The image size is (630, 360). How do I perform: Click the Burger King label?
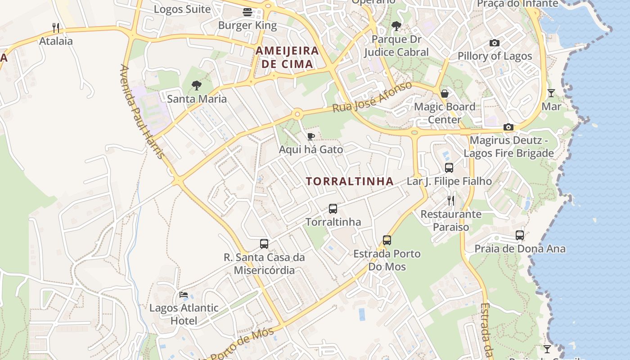pos(247,25)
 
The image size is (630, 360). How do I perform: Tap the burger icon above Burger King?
pos(247,12)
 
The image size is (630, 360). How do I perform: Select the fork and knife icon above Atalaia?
pos(56,28)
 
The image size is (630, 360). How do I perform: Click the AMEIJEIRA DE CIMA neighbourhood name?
pos(287,57)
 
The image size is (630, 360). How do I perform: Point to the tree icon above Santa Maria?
pos(196,85)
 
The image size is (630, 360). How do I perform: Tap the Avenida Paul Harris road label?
pos(141,112)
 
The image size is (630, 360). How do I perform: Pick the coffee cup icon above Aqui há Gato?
pos(310,136)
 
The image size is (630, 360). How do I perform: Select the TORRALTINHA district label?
pos(350,181)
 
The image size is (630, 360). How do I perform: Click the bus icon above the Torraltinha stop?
pos(333,209)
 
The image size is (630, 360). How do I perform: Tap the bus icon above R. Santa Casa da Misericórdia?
pos(264,244)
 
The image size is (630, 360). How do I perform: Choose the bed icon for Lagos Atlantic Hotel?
pos(184,295)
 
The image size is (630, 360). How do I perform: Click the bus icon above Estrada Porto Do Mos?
pos(387,240)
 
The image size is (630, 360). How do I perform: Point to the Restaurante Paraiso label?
pos(451,220)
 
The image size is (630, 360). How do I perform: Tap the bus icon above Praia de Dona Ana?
pos(520,235)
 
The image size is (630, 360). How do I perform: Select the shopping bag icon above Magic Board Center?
pos(445,94)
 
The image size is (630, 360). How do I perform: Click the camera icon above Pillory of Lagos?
pos(495,43)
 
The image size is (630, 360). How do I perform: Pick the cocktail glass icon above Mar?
pos(551,93)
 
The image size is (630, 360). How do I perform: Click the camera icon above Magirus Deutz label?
pos(508,127)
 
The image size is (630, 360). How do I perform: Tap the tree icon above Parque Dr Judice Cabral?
pos(396,26)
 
